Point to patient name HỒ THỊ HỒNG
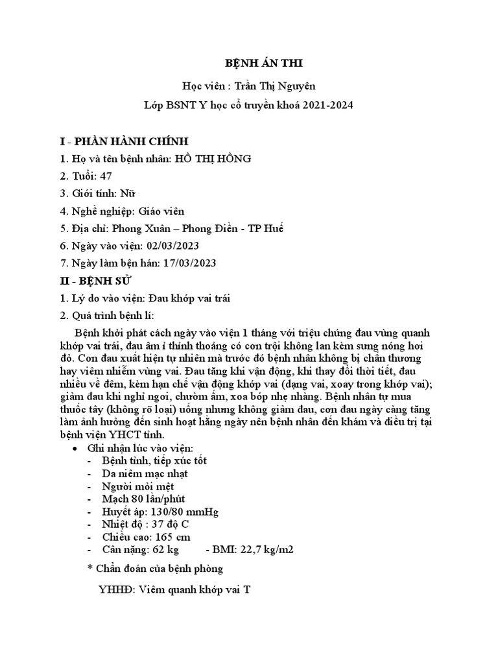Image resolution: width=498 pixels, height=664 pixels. click(x=213, y=159)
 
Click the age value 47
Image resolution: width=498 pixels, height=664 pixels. click(x=106, y=176)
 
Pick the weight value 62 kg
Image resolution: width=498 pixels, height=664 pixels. click(x=165, y=550)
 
